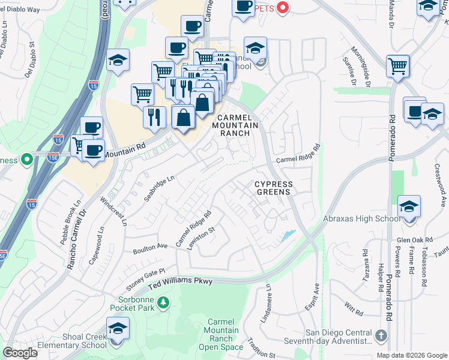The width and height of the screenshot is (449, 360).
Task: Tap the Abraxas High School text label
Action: point(361,218)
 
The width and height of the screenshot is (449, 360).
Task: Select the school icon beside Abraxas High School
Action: point(409,208)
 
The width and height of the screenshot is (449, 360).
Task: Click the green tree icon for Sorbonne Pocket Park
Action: point(161,307)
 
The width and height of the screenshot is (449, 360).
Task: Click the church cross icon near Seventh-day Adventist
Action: point(379,334)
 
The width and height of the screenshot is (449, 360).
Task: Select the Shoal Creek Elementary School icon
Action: point(117,331)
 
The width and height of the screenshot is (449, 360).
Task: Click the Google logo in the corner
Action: point(20,352)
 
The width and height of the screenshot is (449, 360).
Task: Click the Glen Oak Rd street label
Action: point(415,239)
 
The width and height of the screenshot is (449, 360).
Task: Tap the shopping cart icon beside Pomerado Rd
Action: point(397,67)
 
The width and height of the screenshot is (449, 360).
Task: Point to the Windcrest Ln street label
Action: point(114,210)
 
